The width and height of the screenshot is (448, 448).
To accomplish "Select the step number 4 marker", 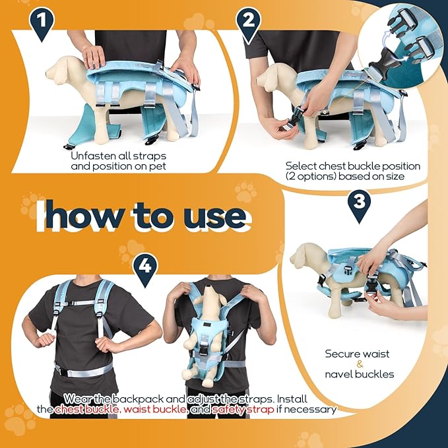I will click(146, 267).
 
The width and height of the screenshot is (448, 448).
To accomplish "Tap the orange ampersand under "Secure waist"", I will click(360, 364).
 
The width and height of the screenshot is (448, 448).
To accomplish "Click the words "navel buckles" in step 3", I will click(360, 374).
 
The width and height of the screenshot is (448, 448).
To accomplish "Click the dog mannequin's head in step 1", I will click(68, 68).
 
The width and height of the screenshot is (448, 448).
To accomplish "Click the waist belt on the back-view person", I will click(86, 370).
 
